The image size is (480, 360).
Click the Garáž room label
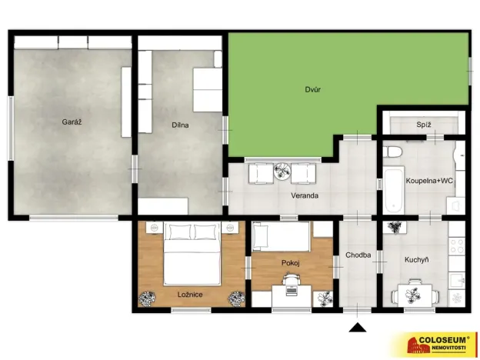(72, 122)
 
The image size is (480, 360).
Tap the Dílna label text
(180, 125)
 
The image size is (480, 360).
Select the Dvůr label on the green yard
(312, 90)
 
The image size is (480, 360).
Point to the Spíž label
(423, 123)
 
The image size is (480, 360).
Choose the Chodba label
(358, 255)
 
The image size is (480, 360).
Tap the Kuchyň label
(416, 259)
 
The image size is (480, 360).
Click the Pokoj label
(290, 263)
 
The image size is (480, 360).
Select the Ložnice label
(190, 294)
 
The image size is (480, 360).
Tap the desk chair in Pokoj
(291, 287)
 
